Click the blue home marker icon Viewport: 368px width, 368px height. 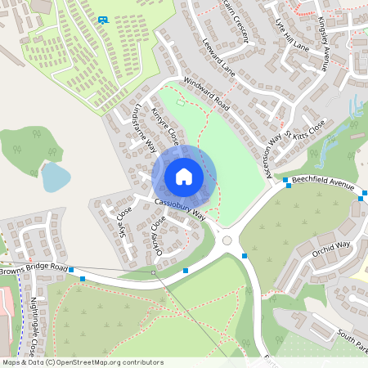point(184,177)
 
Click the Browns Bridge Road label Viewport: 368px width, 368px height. point(34,268)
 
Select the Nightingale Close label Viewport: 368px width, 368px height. point(34,328)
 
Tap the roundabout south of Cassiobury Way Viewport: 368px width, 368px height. point(227,241)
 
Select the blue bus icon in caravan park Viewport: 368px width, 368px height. point(102,20)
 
